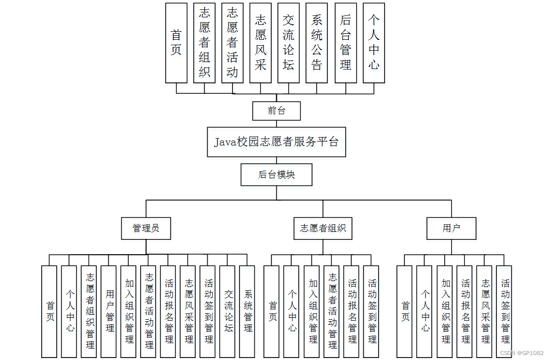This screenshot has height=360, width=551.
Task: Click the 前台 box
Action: pyautogui.click(x=276, y=111)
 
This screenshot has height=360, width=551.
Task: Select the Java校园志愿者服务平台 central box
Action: pyautogui.click(x=276, y=142)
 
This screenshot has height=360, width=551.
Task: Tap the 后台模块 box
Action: pyautogui.click(x=276, y=175)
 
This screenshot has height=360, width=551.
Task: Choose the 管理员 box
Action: pyautogui.click(x=146, y=229)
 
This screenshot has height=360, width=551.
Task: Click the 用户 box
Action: pyautogui.click(x=451, y=229)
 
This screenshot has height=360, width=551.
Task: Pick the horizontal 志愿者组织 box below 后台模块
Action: pyautogui.click(x=323, y=229)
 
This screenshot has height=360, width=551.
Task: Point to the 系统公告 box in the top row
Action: pyautogui.click(x=316, y=43)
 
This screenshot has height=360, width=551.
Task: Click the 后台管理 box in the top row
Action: pyautogui.click(x=346, y=43)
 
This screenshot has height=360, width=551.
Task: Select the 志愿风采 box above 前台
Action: pyautogui.click(x=260, y=43)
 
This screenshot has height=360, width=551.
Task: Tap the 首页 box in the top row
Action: pyautogui.click(x=176, y=43)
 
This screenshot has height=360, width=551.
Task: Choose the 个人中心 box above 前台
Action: pyautogui.click(x=374, y=43)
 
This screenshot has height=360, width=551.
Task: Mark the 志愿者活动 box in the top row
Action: pyautogui.click(x=233, y=43)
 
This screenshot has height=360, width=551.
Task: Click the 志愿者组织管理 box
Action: pyautogui.click(x=90, y=311)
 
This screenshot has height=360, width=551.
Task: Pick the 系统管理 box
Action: pyautogui.click(x=247, y=311)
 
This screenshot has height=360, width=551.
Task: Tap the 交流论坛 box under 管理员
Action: pyautogui.click(x=228, y=311)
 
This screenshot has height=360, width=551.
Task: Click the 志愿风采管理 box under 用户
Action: pyautogui.click(x=485, y=311)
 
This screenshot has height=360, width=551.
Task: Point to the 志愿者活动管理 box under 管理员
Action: pyautogui.click(x=149, y=311)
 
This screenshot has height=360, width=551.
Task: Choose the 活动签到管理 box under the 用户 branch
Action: pyautogui.click(x=505, y=311)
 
